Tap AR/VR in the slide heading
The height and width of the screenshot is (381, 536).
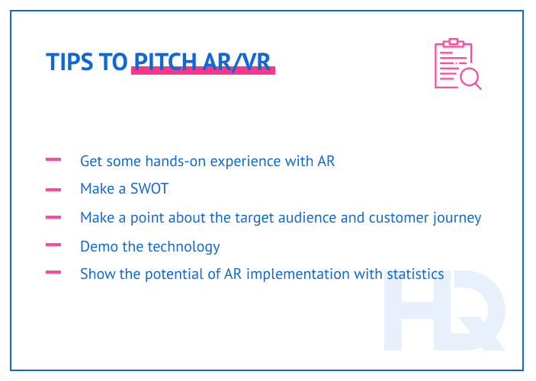coord(238,62)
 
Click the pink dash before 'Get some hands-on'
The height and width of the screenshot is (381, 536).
coord(53,160)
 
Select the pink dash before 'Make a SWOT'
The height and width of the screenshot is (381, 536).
coord(53,189)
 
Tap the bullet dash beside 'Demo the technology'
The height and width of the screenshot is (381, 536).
coord(53,245)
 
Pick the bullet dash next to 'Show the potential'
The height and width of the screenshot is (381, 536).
coord(53,272)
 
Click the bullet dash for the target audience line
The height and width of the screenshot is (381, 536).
coord(53,217)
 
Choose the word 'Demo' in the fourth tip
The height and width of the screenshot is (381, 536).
coord(97,246)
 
